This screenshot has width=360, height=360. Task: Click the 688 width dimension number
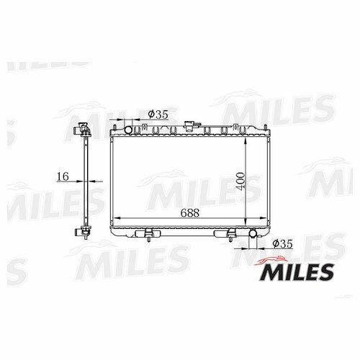point(190,212)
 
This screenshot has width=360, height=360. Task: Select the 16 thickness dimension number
point(63,176)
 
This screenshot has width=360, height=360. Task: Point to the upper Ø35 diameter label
point(158,114)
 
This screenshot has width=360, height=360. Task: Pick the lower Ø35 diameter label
point(283,244)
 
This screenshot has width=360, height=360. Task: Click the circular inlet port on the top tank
point(128,130)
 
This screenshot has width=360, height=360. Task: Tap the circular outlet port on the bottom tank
point(253,233)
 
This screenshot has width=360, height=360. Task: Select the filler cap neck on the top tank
point(189,127)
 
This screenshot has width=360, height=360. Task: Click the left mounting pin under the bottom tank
point(149,240)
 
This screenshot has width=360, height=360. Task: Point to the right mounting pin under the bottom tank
point(230,240)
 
